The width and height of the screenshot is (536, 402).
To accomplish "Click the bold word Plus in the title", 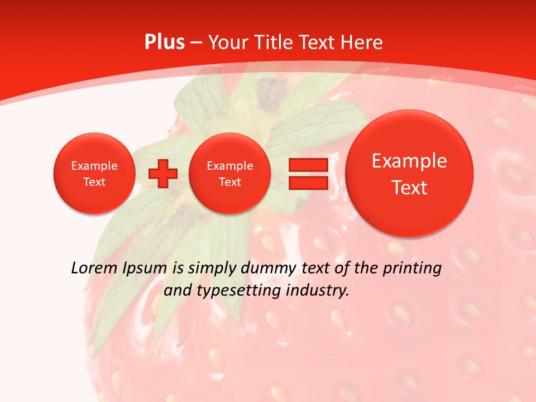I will coord(164,42).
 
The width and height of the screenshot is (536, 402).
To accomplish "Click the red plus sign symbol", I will coord(163,174).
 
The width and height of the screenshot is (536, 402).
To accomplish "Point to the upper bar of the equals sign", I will coord(308,165).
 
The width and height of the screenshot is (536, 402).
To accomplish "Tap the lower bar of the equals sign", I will coord(308,183).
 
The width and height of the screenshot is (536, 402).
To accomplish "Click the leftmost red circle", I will coord(94,174).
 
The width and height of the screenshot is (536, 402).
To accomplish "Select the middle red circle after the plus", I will coord(229,174).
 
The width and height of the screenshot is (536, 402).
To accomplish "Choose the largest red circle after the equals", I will coord(409,174).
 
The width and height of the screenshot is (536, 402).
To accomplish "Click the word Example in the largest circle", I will coord(409,161).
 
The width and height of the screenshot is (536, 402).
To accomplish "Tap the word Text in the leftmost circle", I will coord(94,182).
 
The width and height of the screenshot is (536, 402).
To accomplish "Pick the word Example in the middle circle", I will coord(229,166).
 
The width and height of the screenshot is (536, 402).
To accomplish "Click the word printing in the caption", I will coord(411,268).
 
